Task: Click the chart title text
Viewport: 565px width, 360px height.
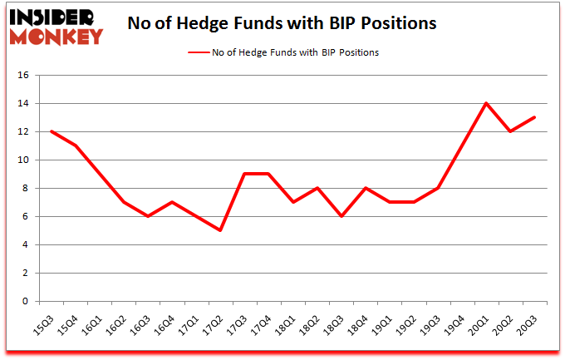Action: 282,23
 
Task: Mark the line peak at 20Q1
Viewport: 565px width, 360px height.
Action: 486,103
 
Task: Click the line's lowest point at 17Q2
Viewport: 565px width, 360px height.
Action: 220,230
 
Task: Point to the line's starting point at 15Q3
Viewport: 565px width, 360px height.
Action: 52,131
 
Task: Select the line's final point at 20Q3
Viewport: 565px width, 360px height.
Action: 534,117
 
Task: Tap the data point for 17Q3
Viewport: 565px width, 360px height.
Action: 244,174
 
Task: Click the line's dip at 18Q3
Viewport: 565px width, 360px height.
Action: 341,216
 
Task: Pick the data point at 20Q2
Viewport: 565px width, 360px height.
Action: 510,131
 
